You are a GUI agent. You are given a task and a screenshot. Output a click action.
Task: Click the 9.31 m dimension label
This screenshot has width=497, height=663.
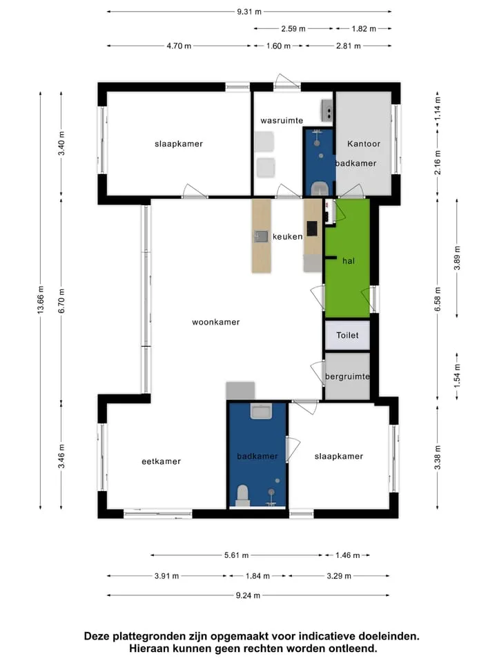249,12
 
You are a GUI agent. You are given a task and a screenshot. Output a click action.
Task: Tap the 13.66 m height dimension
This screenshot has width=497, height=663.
41,299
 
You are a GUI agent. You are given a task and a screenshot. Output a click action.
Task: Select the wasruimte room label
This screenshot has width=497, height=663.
282,120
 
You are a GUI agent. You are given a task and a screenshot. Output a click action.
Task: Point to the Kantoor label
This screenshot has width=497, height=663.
364,144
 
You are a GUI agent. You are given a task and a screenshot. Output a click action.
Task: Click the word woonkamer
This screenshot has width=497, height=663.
215,323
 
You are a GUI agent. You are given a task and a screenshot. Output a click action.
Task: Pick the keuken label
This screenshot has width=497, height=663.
287,237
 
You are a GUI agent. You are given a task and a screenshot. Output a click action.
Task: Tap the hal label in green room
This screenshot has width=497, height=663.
348,261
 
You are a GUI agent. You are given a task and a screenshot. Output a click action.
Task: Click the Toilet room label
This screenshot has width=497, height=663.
347,336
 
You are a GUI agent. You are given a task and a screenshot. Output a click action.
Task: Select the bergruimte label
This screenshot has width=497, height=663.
347,376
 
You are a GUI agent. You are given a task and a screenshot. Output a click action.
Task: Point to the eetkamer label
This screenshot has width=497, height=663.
161,461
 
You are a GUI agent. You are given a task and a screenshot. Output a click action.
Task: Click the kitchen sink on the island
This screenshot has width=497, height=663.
261,236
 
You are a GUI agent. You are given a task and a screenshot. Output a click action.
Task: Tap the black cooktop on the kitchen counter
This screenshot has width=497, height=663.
312,229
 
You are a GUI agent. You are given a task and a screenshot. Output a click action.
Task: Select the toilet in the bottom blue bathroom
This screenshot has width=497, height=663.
242,496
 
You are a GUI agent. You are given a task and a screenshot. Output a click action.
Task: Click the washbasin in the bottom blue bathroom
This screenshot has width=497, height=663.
261,411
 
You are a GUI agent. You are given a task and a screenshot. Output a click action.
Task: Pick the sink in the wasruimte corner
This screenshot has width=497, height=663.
327,110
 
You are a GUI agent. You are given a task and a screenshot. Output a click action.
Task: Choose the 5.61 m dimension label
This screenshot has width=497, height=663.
236,555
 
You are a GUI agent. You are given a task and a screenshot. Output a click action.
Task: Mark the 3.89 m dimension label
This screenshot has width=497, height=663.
457,258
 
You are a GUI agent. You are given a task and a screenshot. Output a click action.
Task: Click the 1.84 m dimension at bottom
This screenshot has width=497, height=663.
257,576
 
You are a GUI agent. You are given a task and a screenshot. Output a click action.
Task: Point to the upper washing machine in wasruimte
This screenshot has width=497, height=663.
264,142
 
